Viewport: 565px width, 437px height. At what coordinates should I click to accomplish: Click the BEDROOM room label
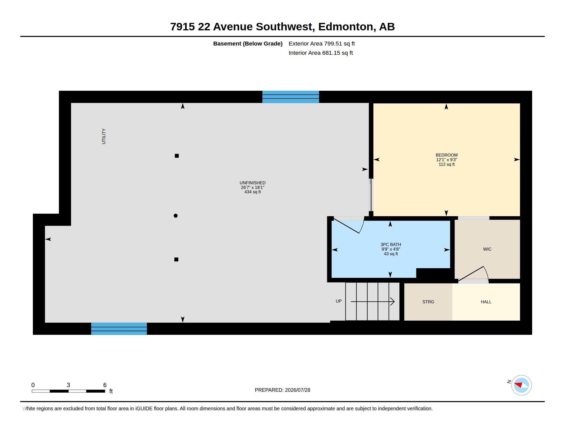pos(447,155)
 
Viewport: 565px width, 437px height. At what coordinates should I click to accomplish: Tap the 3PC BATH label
pos(391,244)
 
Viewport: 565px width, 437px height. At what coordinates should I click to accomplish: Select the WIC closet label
pos(487,249)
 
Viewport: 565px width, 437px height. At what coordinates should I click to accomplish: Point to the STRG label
pos(428,302)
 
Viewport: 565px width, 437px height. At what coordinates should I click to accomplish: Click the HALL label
pos(486,302)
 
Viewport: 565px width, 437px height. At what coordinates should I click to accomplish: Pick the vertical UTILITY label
pos(104,136)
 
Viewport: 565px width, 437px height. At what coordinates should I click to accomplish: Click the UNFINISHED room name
pos(252,183)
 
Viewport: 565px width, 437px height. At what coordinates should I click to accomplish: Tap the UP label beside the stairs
pos(339,301)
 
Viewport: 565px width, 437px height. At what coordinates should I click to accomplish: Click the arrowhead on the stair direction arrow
pos(392,302)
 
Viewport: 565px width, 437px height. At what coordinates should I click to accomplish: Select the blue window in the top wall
pos(290,97)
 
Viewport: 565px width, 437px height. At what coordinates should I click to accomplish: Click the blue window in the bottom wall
pos(119,329)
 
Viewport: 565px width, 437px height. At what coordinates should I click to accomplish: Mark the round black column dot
pos(176,216)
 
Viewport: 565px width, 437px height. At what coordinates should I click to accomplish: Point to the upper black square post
pos(177,156)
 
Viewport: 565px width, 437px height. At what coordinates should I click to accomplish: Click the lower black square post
pos(176,259)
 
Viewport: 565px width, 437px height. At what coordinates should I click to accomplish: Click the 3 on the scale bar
pos(68,385)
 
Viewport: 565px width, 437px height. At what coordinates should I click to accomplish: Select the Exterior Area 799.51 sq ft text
pos(322,43)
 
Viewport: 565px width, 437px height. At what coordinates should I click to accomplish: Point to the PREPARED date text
pos(282,390)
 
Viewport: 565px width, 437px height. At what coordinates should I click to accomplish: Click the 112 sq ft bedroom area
pos(447,165)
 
